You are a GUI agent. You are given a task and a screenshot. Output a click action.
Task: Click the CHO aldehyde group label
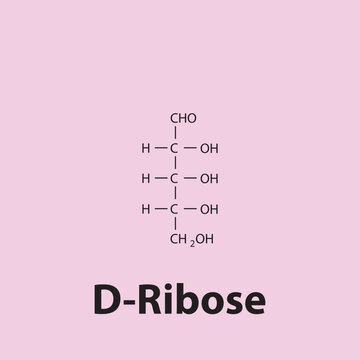click(182, 119)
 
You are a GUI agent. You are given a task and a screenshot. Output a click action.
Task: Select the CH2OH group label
click(192, 239)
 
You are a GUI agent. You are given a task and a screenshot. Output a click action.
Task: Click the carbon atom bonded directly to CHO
click(174, 149)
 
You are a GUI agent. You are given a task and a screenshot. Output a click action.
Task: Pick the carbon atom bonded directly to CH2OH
click(174, 209)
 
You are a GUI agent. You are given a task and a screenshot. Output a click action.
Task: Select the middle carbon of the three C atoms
click(174, 179)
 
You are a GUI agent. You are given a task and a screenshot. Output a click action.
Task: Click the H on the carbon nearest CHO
click(146, 149)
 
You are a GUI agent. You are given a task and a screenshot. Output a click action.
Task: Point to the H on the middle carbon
click(146, 179)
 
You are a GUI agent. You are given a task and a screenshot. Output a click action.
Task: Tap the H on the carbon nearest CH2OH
click(146, 209)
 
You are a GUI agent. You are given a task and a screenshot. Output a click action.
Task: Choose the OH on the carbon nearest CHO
click(209, 149)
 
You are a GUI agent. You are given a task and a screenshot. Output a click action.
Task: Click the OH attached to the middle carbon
click(209, 179)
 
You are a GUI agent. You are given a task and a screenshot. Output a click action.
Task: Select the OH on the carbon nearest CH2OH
click(209, 209)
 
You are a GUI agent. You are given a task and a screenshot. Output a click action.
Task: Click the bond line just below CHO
click(174, 133)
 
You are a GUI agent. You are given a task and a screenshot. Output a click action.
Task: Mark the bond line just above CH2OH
click(174, 224)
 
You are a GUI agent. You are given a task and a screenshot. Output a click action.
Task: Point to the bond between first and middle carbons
click(174, 164)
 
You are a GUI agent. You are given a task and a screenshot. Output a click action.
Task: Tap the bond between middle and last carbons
click(174, 194)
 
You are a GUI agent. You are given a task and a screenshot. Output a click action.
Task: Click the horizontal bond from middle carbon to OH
click(189, 179)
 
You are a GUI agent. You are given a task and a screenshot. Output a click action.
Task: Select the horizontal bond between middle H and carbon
click(160, 179)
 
